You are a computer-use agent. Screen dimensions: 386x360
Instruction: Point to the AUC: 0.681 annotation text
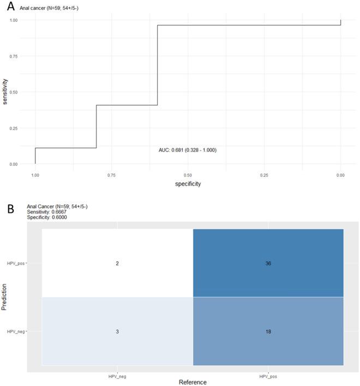pyautogui.click(x=187, y=150)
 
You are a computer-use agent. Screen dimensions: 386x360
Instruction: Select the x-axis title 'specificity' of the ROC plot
pyautogui.click(x=188, y=184)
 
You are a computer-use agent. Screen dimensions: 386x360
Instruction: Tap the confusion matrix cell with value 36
pyautogui.click(x=268, y=263)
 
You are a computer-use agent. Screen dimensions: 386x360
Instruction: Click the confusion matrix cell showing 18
pyautogui.click(x=268, y=331)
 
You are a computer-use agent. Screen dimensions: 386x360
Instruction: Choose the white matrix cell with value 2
pyautogui.click(x=117, y=263)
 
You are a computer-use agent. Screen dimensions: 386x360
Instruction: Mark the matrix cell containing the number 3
pyautogui.click(x=117, y=331)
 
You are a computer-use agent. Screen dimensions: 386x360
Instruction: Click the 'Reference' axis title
pyautogui.click(x=193, y=382)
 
